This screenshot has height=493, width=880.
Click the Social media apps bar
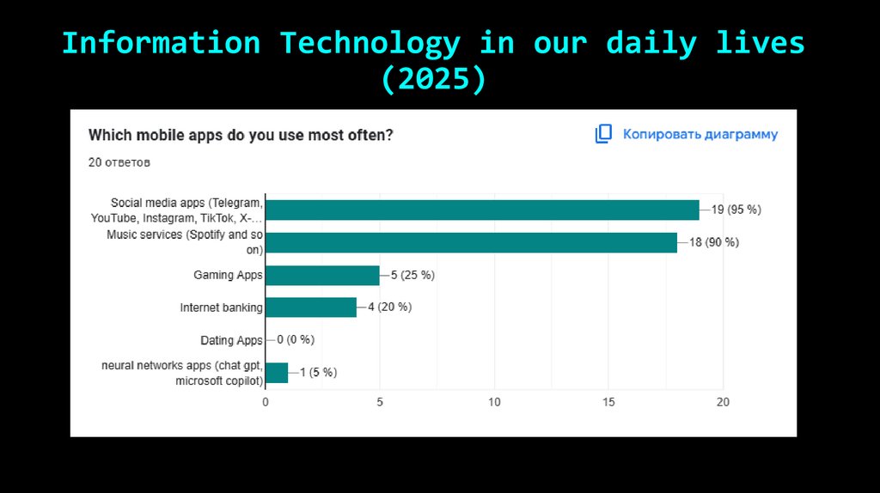(x=482, y=210)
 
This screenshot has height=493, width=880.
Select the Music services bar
(x=471, y=243)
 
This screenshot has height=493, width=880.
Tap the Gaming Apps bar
(x=322, y=276)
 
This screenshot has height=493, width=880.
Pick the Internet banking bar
(x=310, y=307)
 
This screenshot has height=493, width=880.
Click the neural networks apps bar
(x=277, y=373)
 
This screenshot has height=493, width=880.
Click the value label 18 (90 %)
(x=714, y=243)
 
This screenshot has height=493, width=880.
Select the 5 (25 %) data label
(x=412, y=276)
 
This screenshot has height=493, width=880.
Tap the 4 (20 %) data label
(x=389, y=307)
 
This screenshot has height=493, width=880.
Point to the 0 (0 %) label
(x=296, y=340)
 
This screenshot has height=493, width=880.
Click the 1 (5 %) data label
(x=318, y=373)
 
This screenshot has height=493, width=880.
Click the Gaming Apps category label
(x=228, y=276)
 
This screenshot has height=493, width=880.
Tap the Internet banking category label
(x=221, y=307)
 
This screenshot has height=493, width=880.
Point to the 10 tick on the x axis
(x=494, y=402)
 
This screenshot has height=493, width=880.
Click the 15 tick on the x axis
(x=608, y=402)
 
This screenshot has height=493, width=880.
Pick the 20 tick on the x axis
(x=724, y=402)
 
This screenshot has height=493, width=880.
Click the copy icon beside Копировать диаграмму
(x=603, y=134)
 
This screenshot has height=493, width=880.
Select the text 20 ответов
(x=119, y=161)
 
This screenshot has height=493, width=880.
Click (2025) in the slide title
(x=434, y=79)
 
